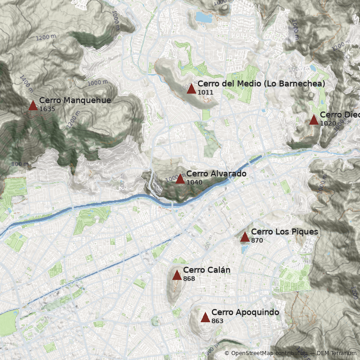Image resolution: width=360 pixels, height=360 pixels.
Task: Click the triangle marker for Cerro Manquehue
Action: [x=33, y=106]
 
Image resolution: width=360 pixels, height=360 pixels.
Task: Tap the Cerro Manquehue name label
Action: [x=75, y=100]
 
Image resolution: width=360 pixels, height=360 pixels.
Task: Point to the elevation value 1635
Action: [x=47, y=109]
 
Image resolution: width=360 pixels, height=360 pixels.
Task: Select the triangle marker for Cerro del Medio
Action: [x=191, y=89]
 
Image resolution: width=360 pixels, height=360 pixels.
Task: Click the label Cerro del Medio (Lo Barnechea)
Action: [x=261, y=84]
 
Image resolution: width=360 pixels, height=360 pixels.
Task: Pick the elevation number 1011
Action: [x=205, y=92]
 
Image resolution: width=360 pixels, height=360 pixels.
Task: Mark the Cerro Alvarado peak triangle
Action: [x=180, y=179]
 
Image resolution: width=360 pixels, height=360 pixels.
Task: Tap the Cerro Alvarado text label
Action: [x=216, y=174]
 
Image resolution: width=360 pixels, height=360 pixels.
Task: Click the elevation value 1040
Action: [x=194, y=182]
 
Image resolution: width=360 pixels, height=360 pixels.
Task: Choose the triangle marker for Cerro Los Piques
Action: [x=245, y=237]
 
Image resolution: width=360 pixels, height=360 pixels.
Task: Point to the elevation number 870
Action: [x=257, y=241]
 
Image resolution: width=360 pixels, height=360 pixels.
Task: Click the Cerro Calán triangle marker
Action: [x=177, y=275]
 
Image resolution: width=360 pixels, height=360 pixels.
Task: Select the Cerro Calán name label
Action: [x=207, y=270]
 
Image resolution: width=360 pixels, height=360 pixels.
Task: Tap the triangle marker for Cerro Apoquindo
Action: [x=205, y=318]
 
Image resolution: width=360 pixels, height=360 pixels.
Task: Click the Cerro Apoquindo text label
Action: [x=245, y=312]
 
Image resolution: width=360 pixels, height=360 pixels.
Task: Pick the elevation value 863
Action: [x=217, y=321]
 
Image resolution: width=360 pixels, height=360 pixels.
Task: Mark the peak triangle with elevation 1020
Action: [x=314, y=120]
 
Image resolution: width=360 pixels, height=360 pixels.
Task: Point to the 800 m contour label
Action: [x=20, y=164]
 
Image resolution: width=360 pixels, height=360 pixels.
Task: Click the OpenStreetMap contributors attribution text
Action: [x=269, y=354]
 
